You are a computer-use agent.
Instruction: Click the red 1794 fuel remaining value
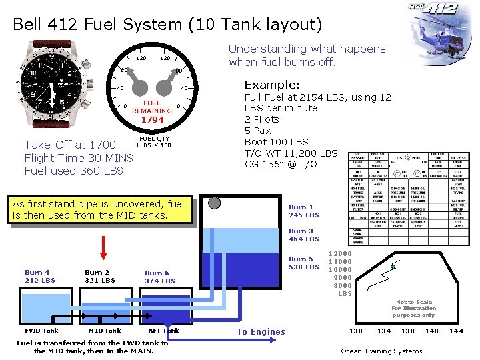click(x=152, y=120)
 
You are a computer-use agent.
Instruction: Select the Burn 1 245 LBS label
click(x=304, y=211)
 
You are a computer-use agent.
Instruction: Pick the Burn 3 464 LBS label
click(x=304, y=235)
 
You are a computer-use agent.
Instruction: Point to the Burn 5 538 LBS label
click(x=304, y=263)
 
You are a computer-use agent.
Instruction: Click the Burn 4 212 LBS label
click(x=40, y=276)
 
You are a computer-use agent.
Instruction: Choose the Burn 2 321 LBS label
click(x=100, y=276)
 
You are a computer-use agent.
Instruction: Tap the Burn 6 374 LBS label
click(x=160, y=277)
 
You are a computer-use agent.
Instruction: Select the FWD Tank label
click(x=41, y=331)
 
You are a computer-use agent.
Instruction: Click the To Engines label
click(x=261, y=332)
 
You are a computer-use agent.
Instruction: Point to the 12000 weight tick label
click(x=340, y=254)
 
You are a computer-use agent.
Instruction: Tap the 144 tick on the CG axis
click(x=456, y=331)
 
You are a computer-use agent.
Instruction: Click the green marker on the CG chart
click(x=393, y=267)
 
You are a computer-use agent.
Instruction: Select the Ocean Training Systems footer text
click(x=381, y=351)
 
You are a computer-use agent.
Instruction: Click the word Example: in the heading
click(x=273, y=85)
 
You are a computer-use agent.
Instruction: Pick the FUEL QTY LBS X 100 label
click(x=153, y=142)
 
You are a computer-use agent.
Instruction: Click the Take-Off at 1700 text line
click(x=70, y=145)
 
